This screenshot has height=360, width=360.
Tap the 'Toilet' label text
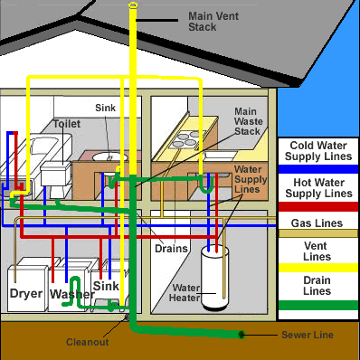point(67,124)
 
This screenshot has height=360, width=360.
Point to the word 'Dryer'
point(26,294)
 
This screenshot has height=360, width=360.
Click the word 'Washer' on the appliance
point(71,295)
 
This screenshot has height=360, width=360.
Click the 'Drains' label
point(170,248)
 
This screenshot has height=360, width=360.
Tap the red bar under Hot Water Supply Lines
point(317,205)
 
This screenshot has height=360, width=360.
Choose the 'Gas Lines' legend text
point(317,223)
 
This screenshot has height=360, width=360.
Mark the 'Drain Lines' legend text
point(317,286)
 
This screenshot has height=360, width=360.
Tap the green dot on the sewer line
point(242,335)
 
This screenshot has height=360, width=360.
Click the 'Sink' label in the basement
point(106,286)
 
